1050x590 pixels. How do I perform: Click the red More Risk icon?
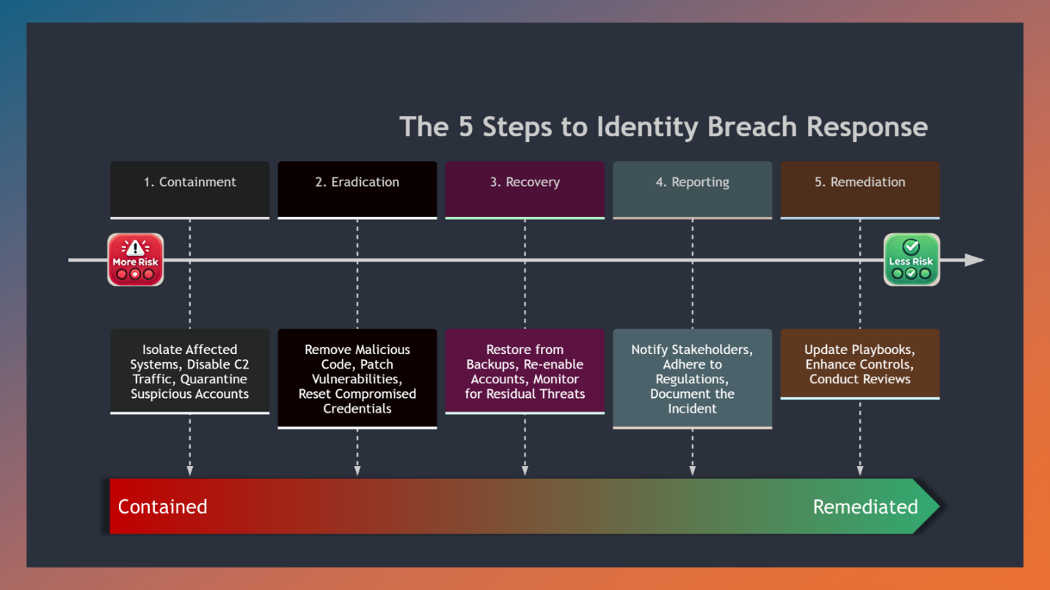(135, 259)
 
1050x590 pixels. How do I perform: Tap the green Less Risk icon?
(911, 259)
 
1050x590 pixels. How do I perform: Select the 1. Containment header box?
(190, 189)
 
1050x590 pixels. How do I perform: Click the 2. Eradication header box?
(357, 189)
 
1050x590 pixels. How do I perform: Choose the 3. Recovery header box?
(525, 189)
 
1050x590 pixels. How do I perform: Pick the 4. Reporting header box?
(692, 189)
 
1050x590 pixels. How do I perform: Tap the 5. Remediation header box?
(859, 189)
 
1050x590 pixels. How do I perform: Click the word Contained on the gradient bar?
(162, 506)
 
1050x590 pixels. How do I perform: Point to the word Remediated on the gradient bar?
(865, 506)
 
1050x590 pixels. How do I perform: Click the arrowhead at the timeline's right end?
(974, 260)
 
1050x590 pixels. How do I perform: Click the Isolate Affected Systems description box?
(190, 372)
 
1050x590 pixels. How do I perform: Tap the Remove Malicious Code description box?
(357, 378)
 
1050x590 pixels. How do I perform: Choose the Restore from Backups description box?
(525, 372)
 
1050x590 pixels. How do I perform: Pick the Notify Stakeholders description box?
(692, 378)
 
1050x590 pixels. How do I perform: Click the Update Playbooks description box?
(859, 364)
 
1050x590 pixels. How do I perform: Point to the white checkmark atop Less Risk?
(911, 246)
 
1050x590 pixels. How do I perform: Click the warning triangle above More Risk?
(135, 248)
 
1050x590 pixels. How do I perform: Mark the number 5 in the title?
(467, 127)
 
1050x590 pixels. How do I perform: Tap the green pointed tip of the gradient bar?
(929, 506)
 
